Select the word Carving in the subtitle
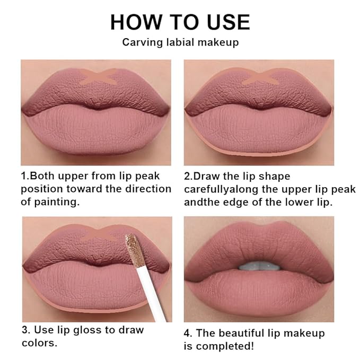point(139,42)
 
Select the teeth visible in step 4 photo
point(258,266)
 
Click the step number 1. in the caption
point(25,176)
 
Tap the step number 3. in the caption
point(26,330)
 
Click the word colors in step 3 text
point(38,343)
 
